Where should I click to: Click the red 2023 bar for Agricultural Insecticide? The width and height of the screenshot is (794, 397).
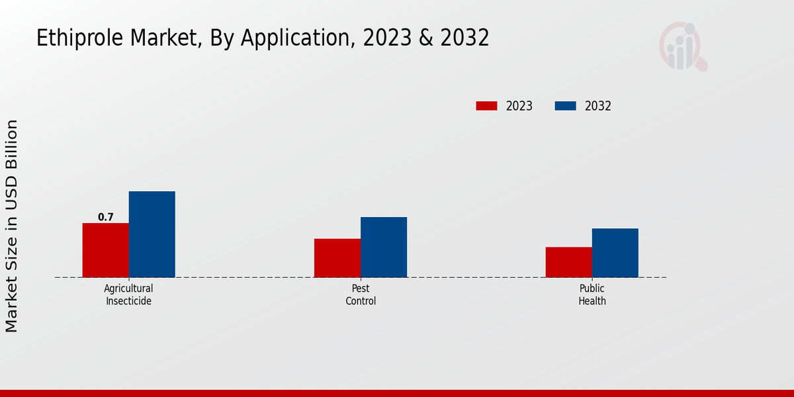tap(105, 250)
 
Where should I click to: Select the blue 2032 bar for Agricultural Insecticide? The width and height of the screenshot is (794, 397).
tap(152, 234)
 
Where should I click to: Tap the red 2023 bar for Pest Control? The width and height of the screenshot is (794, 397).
tap(337, 258)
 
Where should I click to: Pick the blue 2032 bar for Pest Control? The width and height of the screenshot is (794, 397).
tap(384, 247)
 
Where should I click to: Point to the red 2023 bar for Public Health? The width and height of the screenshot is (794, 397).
tap(568, 262)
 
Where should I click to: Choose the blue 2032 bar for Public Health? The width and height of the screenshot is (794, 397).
tap(615, 253)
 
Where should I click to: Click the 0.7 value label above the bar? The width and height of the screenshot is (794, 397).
tap(106, 217)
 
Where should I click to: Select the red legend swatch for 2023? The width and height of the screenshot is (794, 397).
tap(486, 106)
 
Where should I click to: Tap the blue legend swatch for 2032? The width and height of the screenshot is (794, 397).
tap(565, 106)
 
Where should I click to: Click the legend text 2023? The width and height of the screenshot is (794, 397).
tap(519, 106)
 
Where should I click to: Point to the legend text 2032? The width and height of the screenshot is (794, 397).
tap(598, 106)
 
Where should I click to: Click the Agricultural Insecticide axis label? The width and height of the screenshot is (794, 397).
tap(128, 294)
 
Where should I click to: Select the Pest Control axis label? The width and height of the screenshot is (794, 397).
tap(361, 294)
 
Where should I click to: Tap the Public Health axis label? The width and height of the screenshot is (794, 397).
tap(592, 294)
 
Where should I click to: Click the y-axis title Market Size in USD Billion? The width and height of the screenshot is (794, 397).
tap(12, 226)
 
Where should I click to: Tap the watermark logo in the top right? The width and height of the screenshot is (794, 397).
tap(682, 46)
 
